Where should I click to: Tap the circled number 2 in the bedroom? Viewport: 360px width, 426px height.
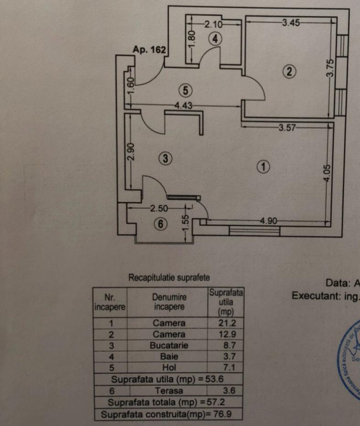289,72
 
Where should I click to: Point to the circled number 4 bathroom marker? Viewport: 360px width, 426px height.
215,39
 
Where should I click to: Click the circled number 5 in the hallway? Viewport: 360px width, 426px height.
186,91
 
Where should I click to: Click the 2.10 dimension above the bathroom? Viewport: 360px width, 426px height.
213,24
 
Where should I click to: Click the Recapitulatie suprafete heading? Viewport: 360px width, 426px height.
168,277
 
